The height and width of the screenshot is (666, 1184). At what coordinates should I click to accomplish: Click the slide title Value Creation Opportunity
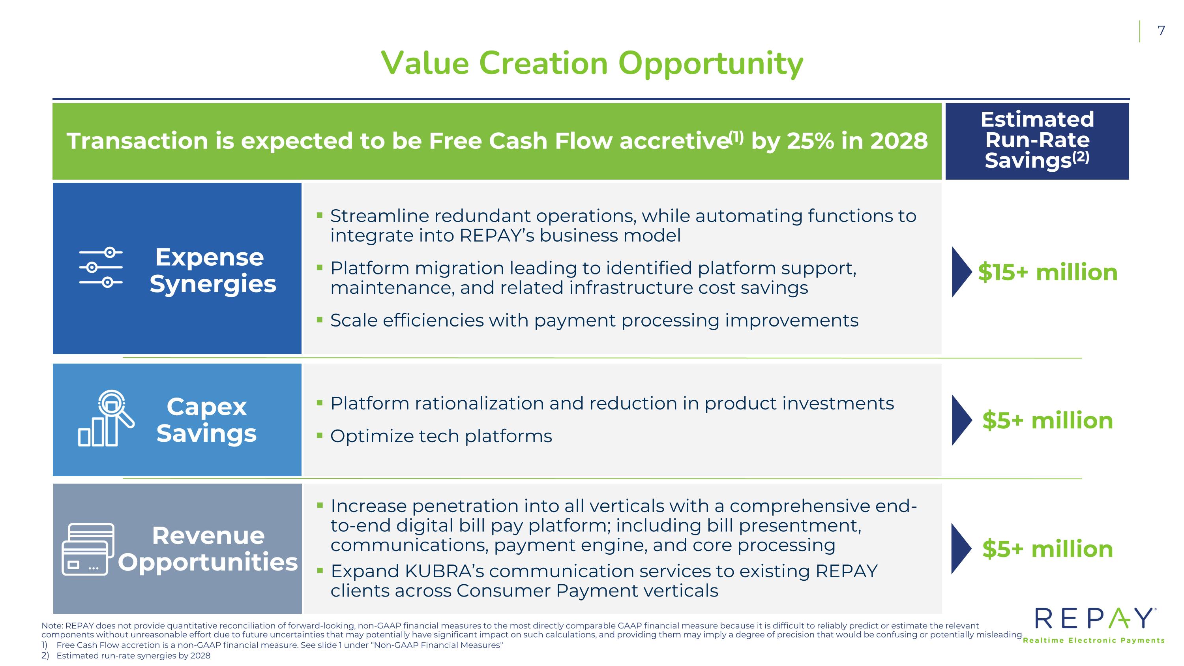(592, 64)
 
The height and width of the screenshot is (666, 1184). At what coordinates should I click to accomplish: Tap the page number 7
(1161, 31)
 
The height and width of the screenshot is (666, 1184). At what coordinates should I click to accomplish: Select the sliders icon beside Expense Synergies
(101, 267)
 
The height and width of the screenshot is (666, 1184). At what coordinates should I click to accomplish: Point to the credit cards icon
(88, 549)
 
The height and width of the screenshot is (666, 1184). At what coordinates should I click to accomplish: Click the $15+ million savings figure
(1047, 272)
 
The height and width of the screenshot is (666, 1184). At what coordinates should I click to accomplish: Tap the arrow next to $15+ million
(961, 272)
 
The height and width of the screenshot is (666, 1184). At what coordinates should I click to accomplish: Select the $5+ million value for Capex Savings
(1047, 420)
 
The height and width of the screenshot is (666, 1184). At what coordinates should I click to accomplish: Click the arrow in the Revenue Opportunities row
(961, 549)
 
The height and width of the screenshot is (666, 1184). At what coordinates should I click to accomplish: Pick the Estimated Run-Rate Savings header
(1037, 140)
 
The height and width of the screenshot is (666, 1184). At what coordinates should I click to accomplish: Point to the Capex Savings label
(206, 420)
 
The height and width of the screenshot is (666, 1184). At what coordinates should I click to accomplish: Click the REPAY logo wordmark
(1094, 618)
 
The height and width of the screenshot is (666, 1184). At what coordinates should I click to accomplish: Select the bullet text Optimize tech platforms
(441, 436)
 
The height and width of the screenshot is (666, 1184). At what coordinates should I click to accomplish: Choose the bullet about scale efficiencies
(594, 320)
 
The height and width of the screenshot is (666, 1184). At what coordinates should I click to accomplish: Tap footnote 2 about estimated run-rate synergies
(126, 655)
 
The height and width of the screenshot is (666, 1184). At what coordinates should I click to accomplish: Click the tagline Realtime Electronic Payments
(1094, 640)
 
